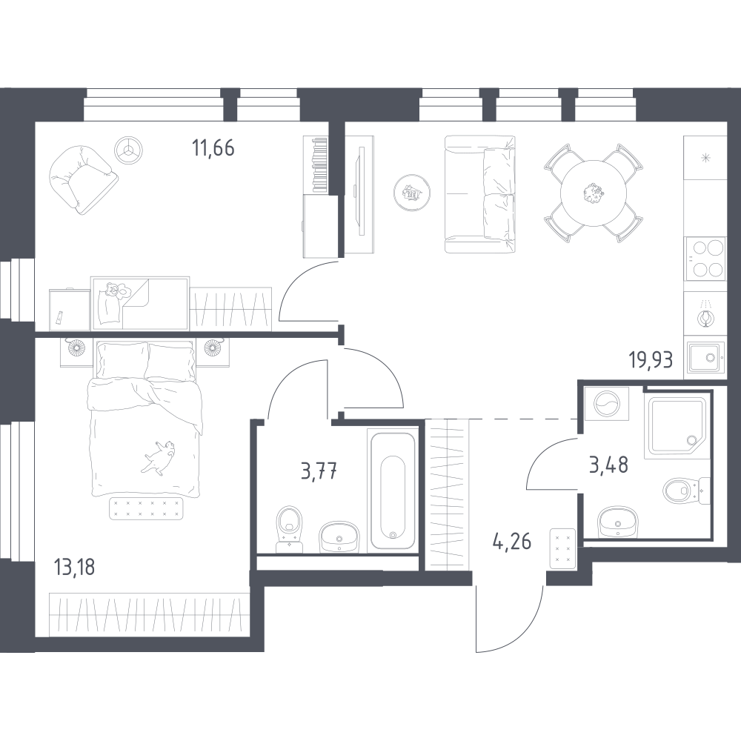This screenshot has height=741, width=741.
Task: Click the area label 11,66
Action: [x=213, y=148]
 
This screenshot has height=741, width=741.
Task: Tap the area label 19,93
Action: [x=651, y=360]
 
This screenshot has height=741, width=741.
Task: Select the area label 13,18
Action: [x=75, y=567]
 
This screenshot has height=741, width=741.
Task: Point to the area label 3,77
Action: [x=319, y=471]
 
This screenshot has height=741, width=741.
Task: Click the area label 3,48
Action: [x=608, y=465]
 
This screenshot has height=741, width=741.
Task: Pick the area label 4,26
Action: [x=512, y=542]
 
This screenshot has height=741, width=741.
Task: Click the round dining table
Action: [x=593, y=193]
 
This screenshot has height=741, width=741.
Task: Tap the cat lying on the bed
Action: [x=159, y=456]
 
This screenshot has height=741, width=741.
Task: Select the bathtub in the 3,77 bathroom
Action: [x=393, y=489]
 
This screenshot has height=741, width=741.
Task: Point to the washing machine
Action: [x=607, y=404]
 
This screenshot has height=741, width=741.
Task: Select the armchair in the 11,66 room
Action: [x=83, y=179]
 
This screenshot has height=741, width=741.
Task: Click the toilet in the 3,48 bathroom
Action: [x=685, y=491]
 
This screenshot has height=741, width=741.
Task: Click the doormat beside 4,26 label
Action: [x=563, y=548]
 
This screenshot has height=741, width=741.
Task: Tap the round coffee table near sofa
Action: [x=412, y=192]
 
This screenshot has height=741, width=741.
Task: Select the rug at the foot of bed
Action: [x=146, y=508]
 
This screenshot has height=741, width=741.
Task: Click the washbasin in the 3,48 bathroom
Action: [x=619, y=522]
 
